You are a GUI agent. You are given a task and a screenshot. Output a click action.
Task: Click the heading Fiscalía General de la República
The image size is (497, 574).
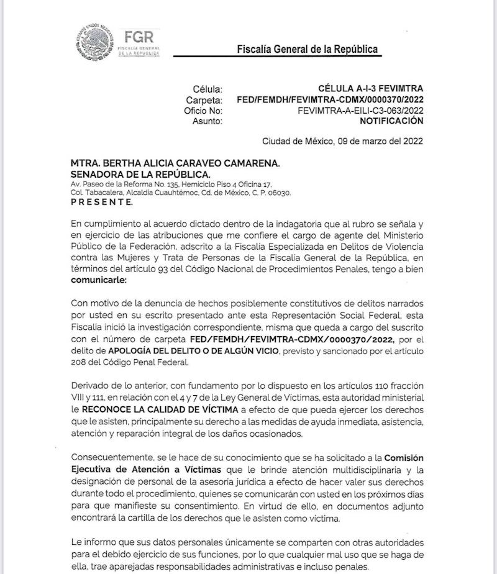307,49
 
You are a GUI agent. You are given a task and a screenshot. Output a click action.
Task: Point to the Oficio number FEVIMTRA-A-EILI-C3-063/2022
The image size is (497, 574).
360,110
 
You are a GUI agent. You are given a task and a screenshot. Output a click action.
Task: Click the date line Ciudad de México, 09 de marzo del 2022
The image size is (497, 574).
342,141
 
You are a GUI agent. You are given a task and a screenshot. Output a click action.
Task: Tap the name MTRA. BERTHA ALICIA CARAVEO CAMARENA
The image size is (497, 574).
176,162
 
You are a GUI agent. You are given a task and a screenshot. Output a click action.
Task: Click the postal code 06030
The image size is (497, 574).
280,193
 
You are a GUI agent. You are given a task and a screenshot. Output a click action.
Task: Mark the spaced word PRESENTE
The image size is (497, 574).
101,202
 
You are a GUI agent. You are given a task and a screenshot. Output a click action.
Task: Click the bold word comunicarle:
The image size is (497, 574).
98,281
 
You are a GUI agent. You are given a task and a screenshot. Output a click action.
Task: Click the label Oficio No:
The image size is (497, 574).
204,110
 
